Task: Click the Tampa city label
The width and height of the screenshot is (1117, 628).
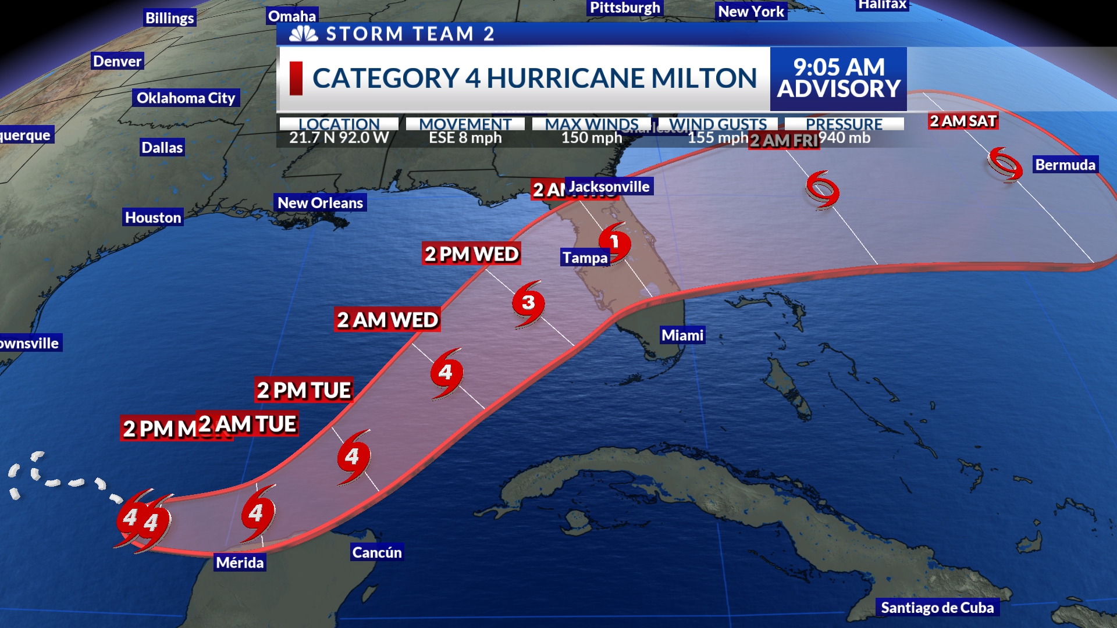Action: click(585, 257)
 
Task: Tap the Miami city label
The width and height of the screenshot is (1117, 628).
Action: click(682, 335)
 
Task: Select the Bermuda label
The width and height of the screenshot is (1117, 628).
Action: click(1065, 165)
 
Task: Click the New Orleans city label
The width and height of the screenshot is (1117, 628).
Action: click(320, 202)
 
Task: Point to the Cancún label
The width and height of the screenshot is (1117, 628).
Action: click(377, 552)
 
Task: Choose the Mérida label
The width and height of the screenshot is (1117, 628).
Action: click(240, 562)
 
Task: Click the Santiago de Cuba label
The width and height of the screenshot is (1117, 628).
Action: click(937, 608)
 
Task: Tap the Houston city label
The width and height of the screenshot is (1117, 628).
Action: click(153, 217)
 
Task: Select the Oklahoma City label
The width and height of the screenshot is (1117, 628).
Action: click(186, 98)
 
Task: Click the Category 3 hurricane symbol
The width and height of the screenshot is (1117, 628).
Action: click(528, 303)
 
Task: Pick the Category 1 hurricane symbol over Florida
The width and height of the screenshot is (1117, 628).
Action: click(614, 242)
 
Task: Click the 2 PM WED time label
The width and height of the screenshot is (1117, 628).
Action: click(471, 254)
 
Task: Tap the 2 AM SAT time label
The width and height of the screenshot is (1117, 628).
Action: click(963, 121)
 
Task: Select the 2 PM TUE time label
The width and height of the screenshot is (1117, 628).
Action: click(304, 390)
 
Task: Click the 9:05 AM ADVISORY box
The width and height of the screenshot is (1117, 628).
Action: click(838, 78)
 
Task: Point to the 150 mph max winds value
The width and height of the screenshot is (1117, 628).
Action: click(592, 138)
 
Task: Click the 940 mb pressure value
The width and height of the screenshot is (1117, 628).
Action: click(844, 138)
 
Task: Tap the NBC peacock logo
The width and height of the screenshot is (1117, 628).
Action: click(304, 34)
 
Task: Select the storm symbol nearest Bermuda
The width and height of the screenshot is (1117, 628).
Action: click(1005, 164)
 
